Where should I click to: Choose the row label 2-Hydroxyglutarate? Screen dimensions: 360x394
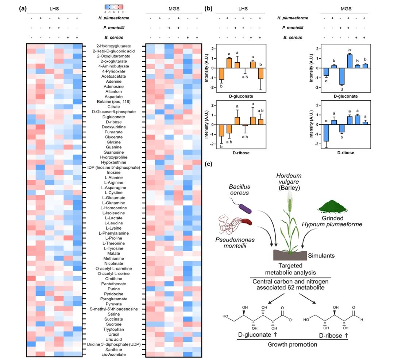(111, 46)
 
